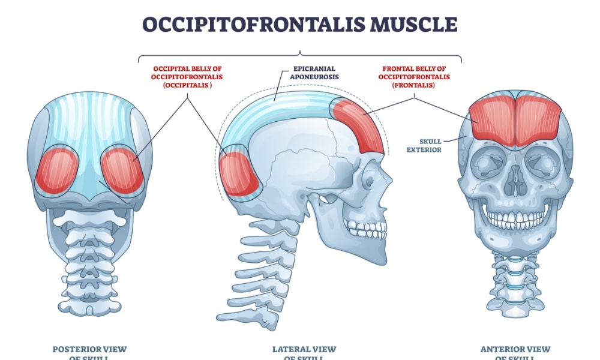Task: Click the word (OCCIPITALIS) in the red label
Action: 187,85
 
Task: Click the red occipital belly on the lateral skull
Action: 241,174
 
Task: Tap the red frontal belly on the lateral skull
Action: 359,126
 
